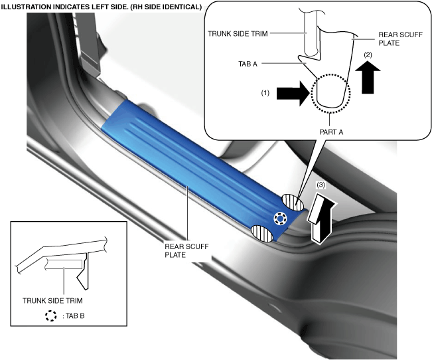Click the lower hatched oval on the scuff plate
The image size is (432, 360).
[263, 233]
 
